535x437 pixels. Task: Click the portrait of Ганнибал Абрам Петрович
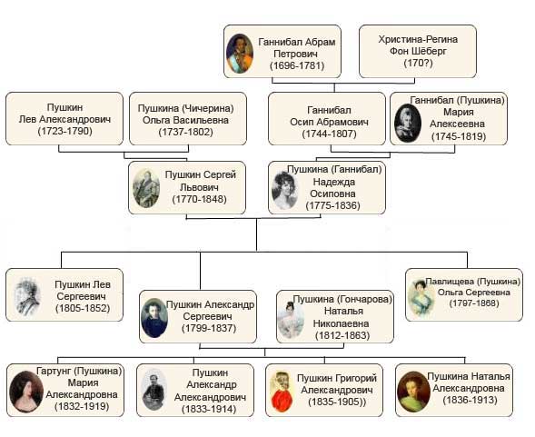240,54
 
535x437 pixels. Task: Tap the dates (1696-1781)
297,65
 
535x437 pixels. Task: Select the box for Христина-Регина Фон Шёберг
418,51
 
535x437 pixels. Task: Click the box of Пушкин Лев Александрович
64,118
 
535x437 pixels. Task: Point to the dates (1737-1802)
185,132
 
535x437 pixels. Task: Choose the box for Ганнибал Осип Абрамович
327,118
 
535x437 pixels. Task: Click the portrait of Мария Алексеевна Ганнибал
408,123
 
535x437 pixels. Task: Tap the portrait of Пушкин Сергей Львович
146,188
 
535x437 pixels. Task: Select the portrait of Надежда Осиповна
284,190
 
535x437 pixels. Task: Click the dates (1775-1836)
333,205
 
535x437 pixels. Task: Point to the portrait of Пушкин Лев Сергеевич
27,296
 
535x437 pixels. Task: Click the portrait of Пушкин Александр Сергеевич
154,318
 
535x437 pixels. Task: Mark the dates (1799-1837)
209,328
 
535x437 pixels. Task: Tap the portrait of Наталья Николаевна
291,320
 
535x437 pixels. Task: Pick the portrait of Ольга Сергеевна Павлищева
421,298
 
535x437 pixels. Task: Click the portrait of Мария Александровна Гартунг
26,392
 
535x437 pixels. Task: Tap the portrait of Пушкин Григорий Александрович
282,392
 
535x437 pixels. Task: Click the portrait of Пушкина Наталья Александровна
413,392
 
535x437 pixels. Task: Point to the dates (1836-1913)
470,400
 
